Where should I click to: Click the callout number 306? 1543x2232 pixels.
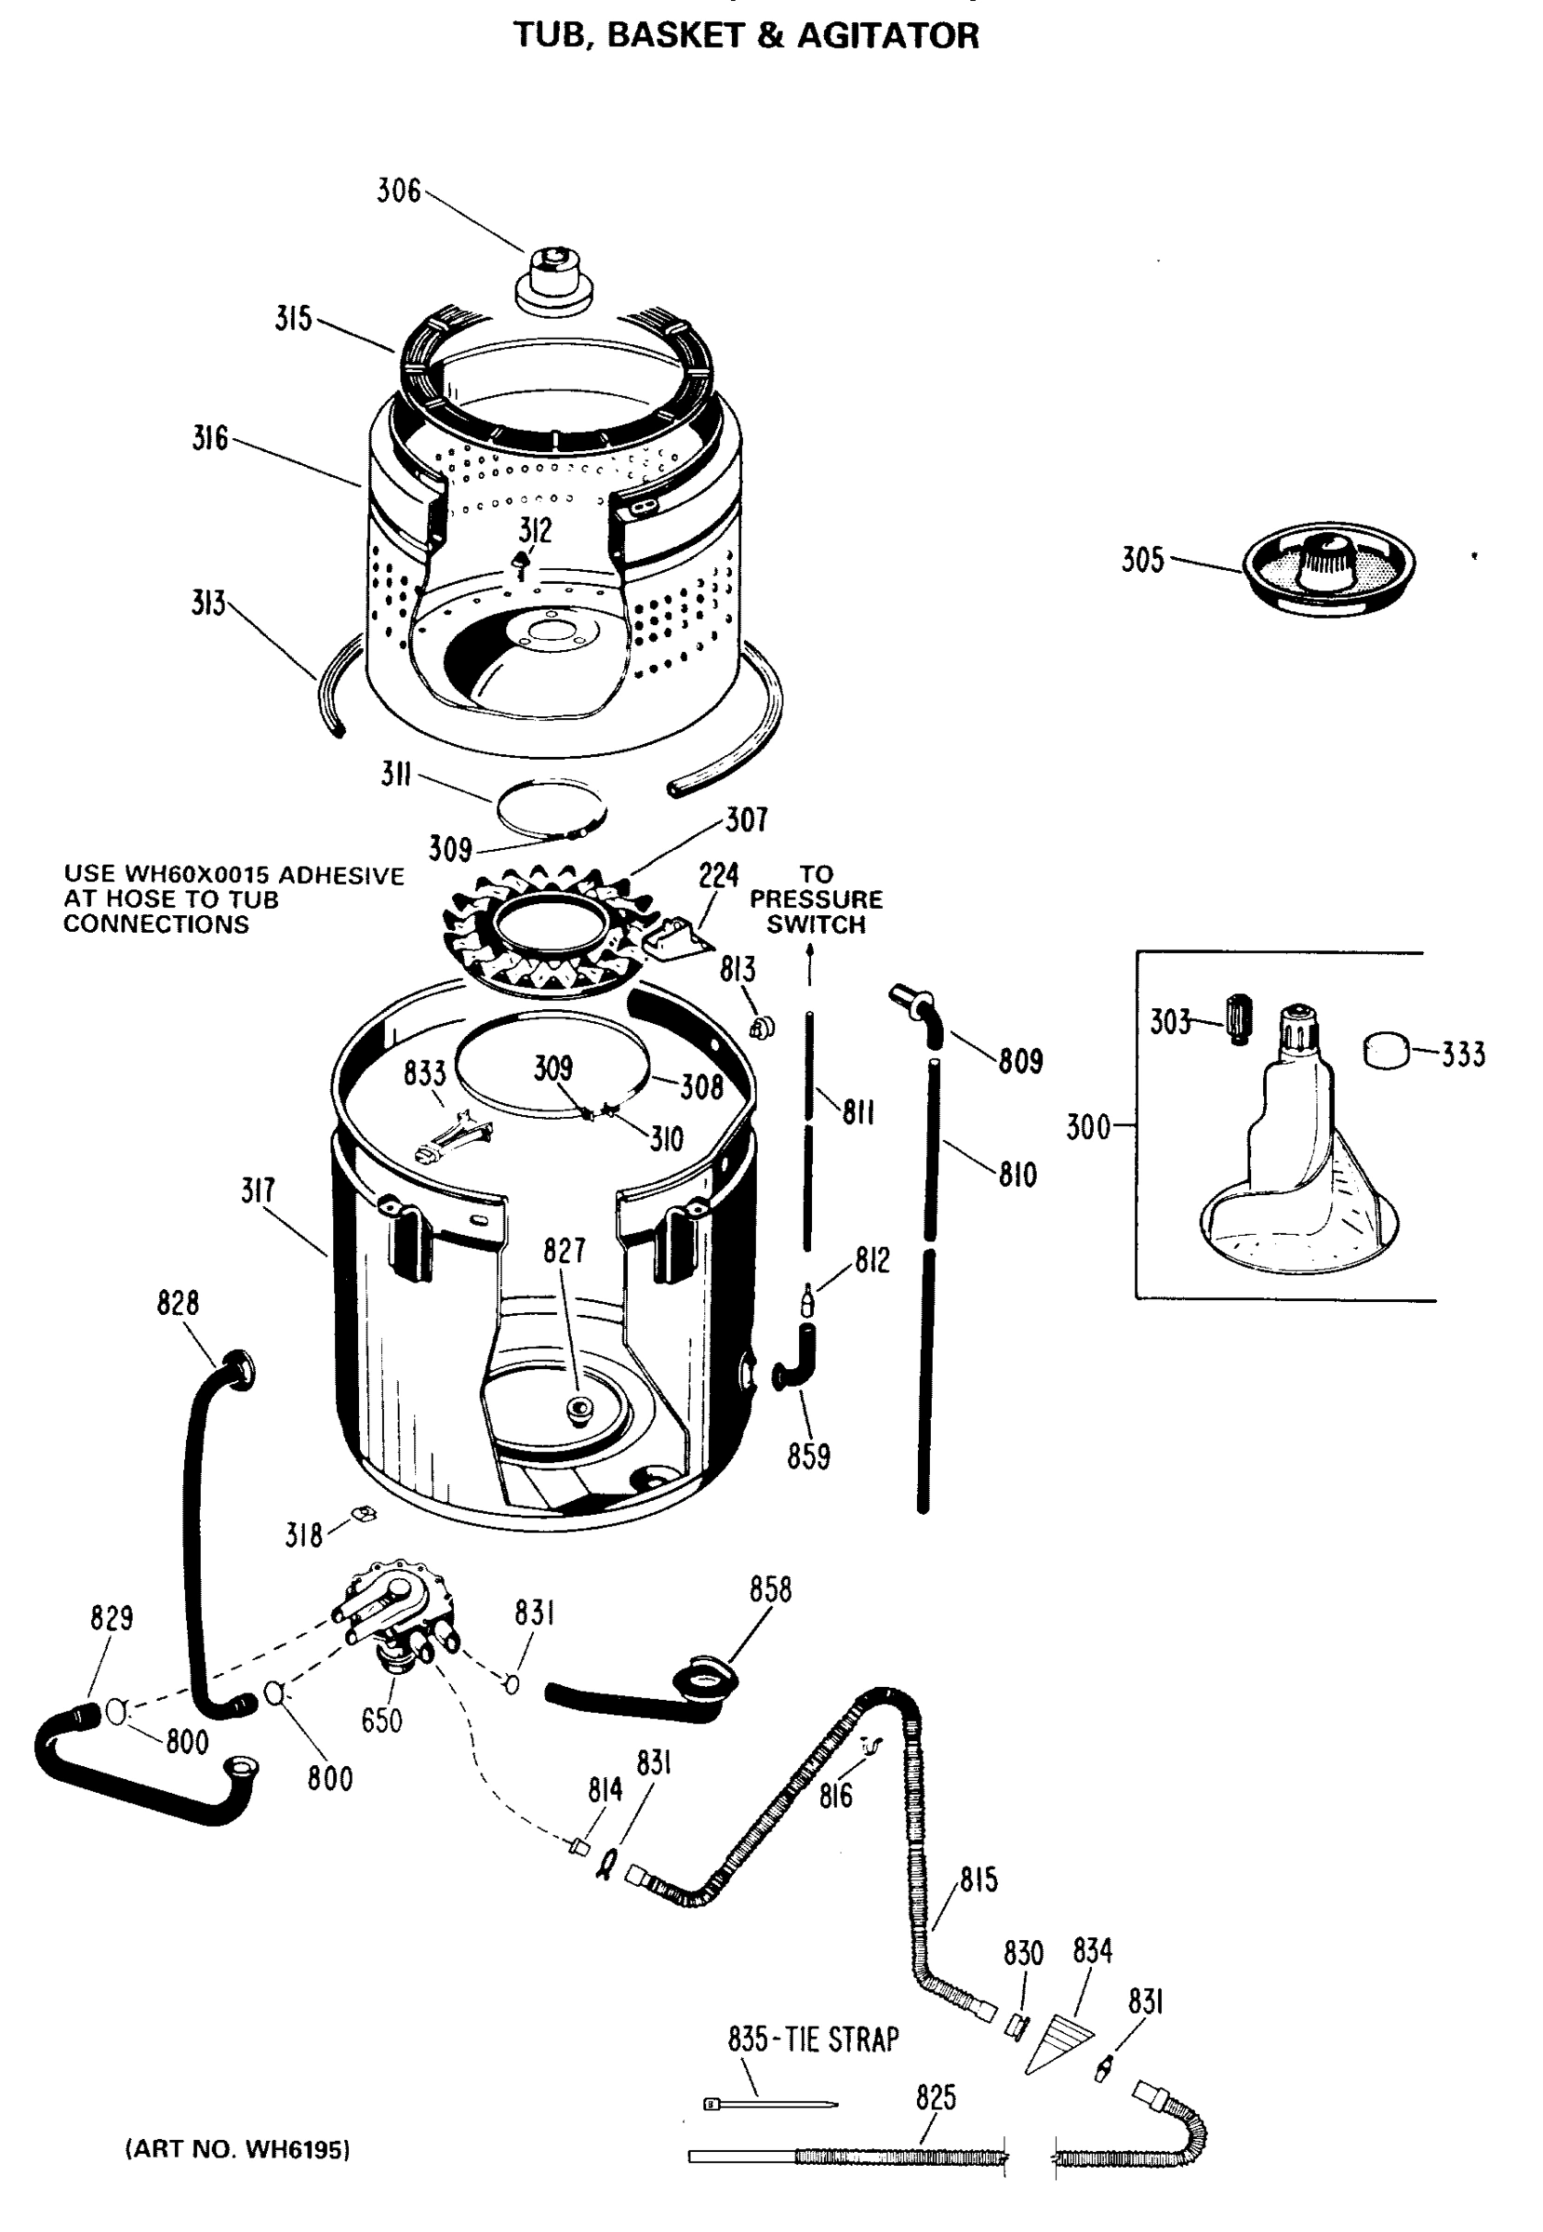[398, 192]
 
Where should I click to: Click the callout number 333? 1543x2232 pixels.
[1463, 1054]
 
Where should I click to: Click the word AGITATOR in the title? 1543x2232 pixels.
[887, 35]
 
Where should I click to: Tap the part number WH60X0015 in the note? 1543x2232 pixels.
[196, 875]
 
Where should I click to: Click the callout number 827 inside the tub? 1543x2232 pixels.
[564, 1250]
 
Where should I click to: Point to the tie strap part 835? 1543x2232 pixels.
[769, 2104]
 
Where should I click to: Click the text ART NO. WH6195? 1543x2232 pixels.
[237, 2149]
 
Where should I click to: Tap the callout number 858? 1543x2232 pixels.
[769, 1589]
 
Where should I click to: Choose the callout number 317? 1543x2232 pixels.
[259, 1191]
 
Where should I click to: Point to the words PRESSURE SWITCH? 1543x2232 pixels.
[816, 911]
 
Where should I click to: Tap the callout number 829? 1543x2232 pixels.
[112, 1618]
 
